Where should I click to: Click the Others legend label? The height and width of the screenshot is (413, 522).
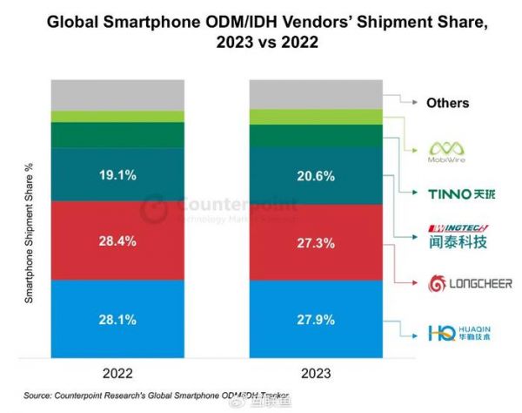(447, 103)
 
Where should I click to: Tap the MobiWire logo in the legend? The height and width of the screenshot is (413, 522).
(447, 152)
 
